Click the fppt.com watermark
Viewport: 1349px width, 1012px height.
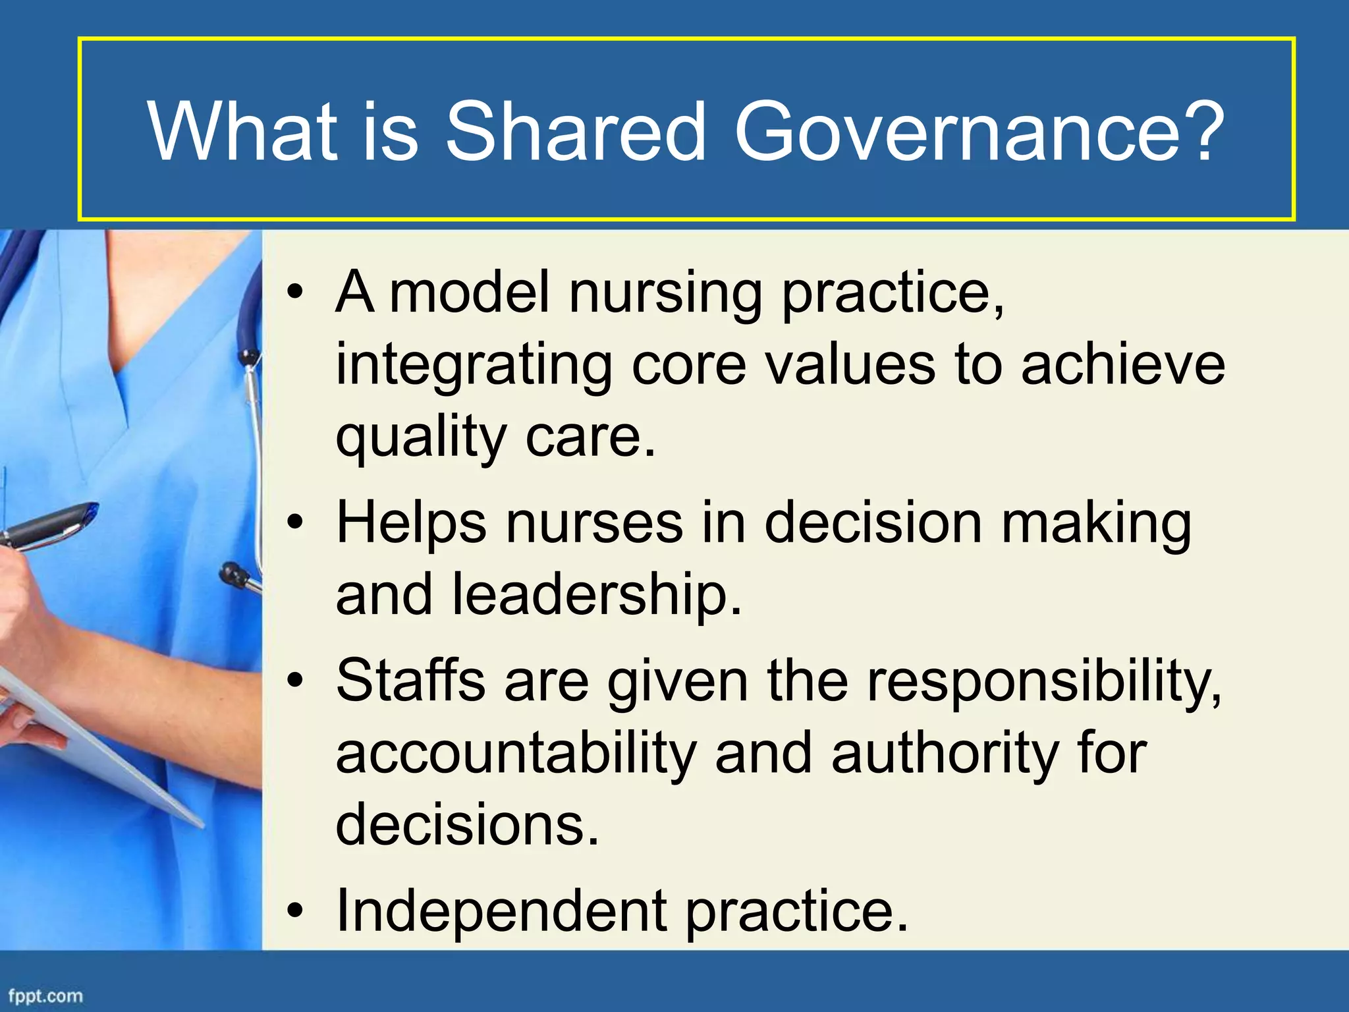pos(45,996)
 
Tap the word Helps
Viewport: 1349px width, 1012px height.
pos(411,523)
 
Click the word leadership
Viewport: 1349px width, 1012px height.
pos(596,594)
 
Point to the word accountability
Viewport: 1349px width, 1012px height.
pos(516,754)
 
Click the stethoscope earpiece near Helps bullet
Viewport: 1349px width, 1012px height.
pos(234,575)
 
